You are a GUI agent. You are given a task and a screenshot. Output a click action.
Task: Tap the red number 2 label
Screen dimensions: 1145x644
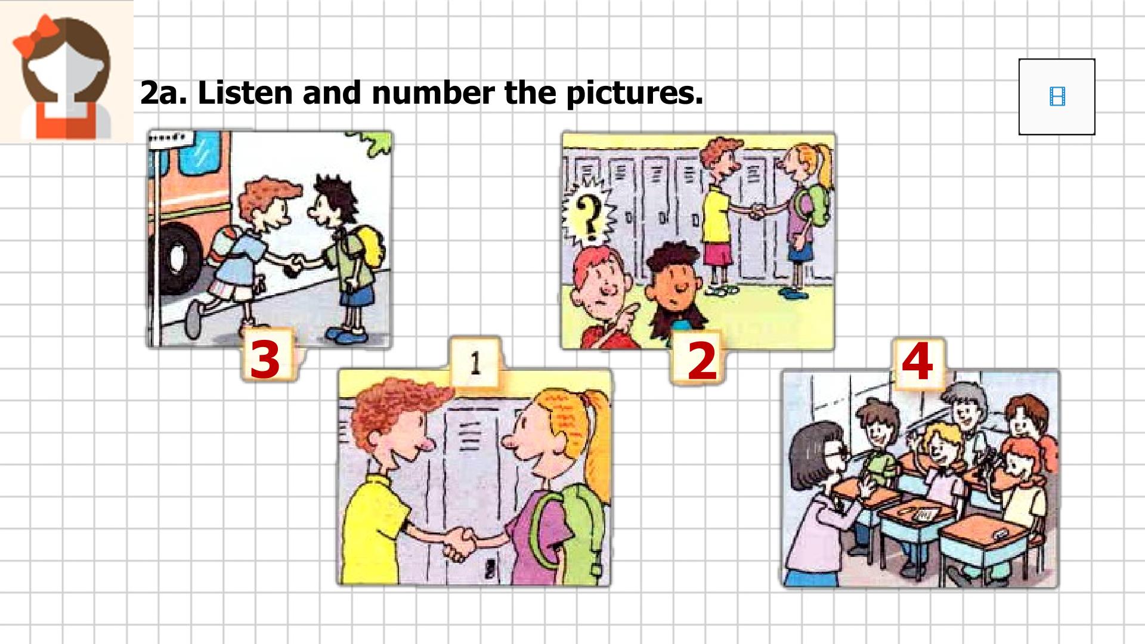tap(702, 361)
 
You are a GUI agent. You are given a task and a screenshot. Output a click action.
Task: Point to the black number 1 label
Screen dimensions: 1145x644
tap(475, 363)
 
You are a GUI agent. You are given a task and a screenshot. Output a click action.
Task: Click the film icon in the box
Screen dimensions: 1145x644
tap(1057, 97)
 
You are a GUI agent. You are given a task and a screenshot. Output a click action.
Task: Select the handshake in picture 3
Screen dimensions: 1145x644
tap(294, 264)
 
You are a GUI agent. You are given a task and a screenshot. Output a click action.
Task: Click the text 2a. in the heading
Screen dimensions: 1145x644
tap(163, 93)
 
